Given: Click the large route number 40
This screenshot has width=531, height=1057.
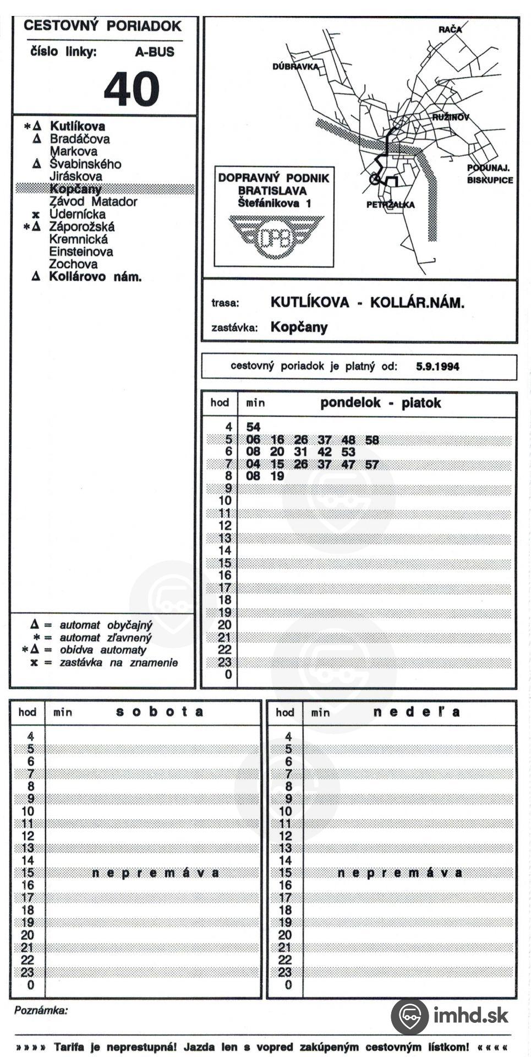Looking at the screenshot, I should point(132,89).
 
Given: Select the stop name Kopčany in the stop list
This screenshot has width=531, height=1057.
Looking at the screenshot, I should point(75,189).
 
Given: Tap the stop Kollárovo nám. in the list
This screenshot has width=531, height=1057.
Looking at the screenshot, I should point(95,277).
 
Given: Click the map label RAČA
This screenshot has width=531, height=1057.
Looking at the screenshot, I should point(450,29).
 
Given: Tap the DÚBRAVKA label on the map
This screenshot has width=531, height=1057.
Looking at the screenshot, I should point(295,67).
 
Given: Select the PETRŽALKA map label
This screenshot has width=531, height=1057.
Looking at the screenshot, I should point(391,205).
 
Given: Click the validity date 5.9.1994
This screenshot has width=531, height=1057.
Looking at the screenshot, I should point(437,367).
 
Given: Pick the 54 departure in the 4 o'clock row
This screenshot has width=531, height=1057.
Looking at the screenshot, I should point(253,427).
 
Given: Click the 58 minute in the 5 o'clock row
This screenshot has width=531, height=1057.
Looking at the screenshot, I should point(372,440).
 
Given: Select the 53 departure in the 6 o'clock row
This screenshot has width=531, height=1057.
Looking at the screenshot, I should point(348,452).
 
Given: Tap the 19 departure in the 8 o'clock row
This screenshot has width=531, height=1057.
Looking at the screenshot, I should point(277,476).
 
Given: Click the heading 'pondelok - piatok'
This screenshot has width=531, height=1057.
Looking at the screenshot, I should point(380,403).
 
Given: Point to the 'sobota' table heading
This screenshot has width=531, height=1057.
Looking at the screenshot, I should point(160,712).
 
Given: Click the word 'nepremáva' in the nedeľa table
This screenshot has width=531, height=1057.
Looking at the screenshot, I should point(400,873).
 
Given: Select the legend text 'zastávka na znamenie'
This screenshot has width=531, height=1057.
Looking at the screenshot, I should point(118,663).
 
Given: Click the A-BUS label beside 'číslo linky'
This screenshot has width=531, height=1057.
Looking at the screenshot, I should point(155,52).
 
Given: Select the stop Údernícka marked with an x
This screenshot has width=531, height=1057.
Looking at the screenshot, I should point(77,214).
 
